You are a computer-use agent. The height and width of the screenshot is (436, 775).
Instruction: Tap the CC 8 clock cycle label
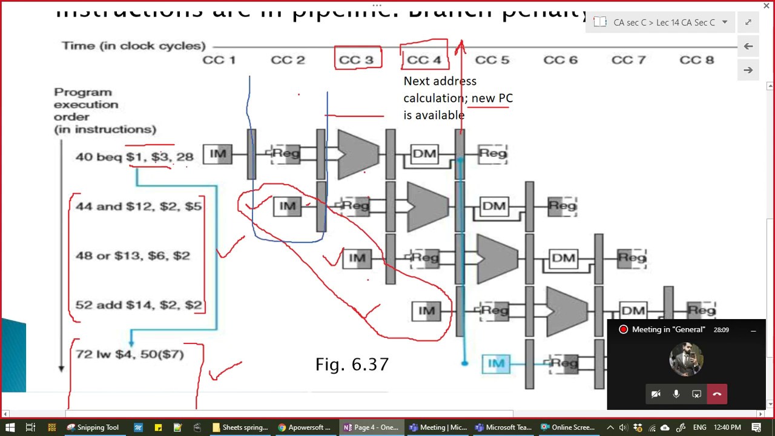coord(697,60)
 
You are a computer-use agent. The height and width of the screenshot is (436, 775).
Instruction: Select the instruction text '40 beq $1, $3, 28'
coord(134,157)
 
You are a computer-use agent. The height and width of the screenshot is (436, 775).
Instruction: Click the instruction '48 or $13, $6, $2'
coord(133,256)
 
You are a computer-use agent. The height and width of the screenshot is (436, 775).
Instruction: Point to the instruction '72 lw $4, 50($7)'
coord(130,354)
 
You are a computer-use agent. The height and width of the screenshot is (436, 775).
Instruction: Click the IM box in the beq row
coord(217,154)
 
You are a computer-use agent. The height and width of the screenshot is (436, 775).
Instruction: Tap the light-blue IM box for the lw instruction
coord(496,363)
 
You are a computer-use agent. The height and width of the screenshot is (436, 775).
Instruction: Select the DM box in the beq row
coord(424,154)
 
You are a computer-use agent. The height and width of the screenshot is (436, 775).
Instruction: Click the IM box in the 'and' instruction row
coord(287,206)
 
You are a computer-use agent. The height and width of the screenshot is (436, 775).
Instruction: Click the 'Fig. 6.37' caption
coord(352,364)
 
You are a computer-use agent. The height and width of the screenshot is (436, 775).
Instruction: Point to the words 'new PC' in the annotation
coord(492,98)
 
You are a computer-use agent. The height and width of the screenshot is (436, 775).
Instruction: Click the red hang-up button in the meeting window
coord(717,394)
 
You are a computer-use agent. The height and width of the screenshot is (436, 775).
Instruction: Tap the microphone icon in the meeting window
coord(676,394)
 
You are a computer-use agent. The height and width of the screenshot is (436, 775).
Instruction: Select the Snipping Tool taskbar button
coord(93,427)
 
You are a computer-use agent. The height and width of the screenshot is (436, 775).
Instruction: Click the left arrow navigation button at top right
coord(748,46)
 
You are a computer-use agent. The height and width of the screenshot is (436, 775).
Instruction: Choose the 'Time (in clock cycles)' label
coord(134,45)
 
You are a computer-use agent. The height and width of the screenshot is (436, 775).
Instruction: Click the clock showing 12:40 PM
coord(727,427)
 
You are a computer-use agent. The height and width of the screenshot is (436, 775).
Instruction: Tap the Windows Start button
coord(10,427)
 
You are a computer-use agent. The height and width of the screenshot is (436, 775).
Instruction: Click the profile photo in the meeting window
coord(686,359)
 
